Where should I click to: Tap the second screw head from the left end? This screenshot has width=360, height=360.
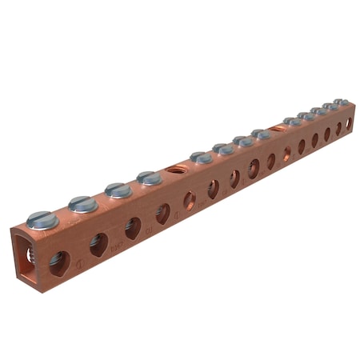coord(82,204)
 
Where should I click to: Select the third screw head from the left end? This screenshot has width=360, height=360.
coord(118,190)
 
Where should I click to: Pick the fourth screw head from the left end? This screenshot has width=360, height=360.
coord(149,178)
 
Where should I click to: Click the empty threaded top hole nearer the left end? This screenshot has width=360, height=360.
coord(175,169)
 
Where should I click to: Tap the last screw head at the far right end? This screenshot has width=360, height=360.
coord(342,102)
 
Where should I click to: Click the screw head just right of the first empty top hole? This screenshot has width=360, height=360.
coord(202,158)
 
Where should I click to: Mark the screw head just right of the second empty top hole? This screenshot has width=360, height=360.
coord(292,122)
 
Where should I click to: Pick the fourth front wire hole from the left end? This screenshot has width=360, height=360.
coord(162,213)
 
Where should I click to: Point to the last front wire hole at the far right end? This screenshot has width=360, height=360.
coord(348,124)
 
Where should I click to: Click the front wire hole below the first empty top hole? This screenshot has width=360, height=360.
coord(190,200)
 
